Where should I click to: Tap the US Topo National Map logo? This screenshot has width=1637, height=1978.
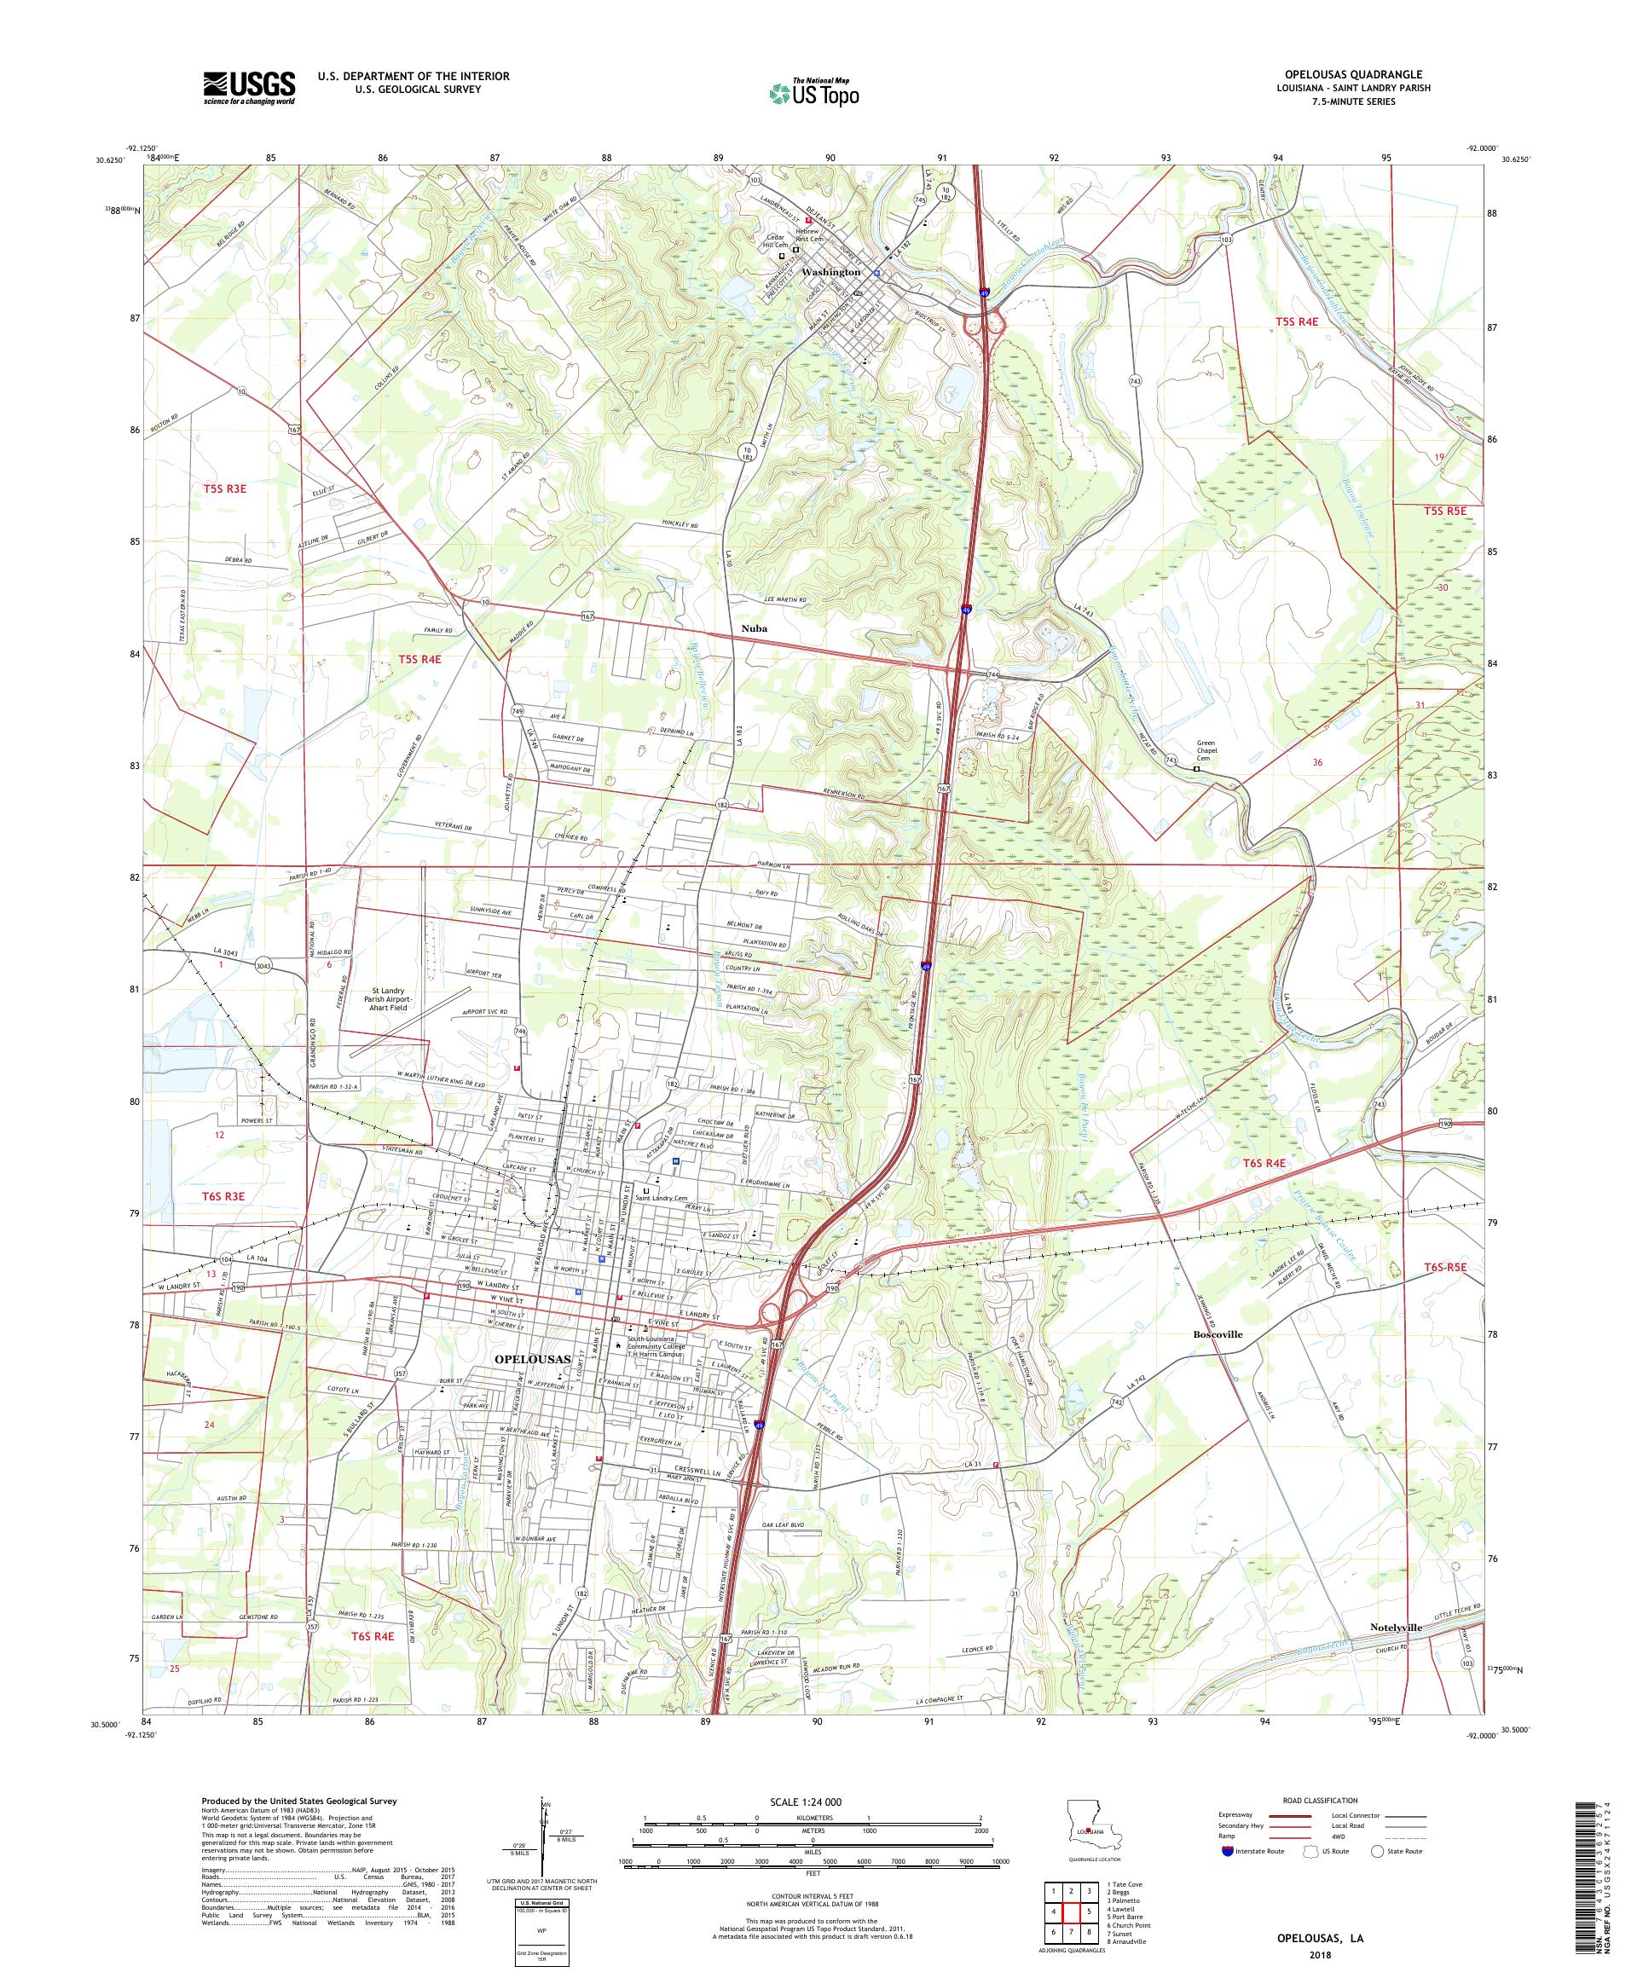click(815, 92)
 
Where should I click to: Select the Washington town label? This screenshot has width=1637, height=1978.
click(830, 271)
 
